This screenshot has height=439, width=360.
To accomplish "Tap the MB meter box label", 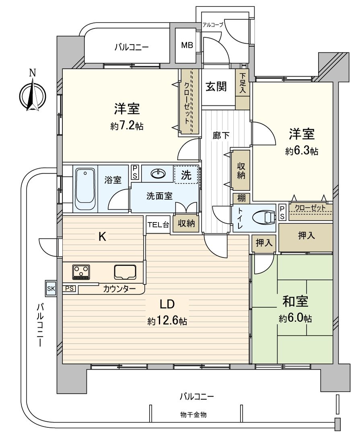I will (186, 45).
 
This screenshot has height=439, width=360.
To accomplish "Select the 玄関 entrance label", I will (216, 87).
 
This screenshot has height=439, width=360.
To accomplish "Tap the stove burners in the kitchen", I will (81, 272).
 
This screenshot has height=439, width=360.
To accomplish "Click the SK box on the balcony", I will (51, 288).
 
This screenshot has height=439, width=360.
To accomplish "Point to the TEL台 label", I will (158, 225).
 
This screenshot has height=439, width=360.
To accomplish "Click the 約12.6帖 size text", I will (167, 321).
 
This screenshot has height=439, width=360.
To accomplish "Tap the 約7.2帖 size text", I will (127, 126).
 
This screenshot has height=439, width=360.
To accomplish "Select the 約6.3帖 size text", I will (302, 151).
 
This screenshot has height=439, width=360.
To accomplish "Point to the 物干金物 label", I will (193, 414).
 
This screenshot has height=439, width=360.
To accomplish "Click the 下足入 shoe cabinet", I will (243, 83).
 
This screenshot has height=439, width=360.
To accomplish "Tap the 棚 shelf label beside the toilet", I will (241, 198).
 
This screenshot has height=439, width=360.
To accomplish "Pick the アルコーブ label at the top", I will (212, 25).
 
